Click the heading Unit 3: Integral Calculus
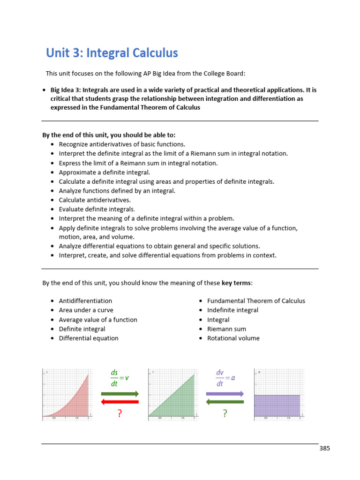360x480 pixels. [x=112, y=53]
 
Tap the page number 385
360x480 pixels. [x=325, y=448]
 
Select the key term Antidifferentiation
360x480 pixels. [x=85, y=301]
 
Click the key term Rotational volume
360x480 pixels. [x=233, y=338]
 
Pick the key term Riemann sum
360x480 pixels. [x=226, y=329]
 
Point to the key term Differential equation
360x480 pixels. [x=89, y=338]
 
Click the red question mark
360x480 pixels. [x=120, y=413]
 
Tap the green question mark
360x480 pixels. [x=225, y=413]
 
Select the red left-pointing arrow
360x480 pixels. [x=120, y=402]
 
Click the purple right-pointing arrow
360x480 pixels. [x=225, y=394]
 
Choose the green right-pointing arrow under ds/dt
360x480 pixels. [x=120, y=394]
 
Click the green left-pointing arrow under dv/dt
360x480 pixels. [x=225, y=402]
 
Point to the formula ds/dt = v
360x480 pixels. [x=119, y=378]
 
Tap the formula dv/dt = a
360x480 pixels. [x=225, y=378]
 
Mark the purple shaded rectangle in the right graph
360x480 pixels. [x=277, y=405]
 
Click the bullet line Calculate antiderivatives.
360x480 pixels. [x=95, y=200]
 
